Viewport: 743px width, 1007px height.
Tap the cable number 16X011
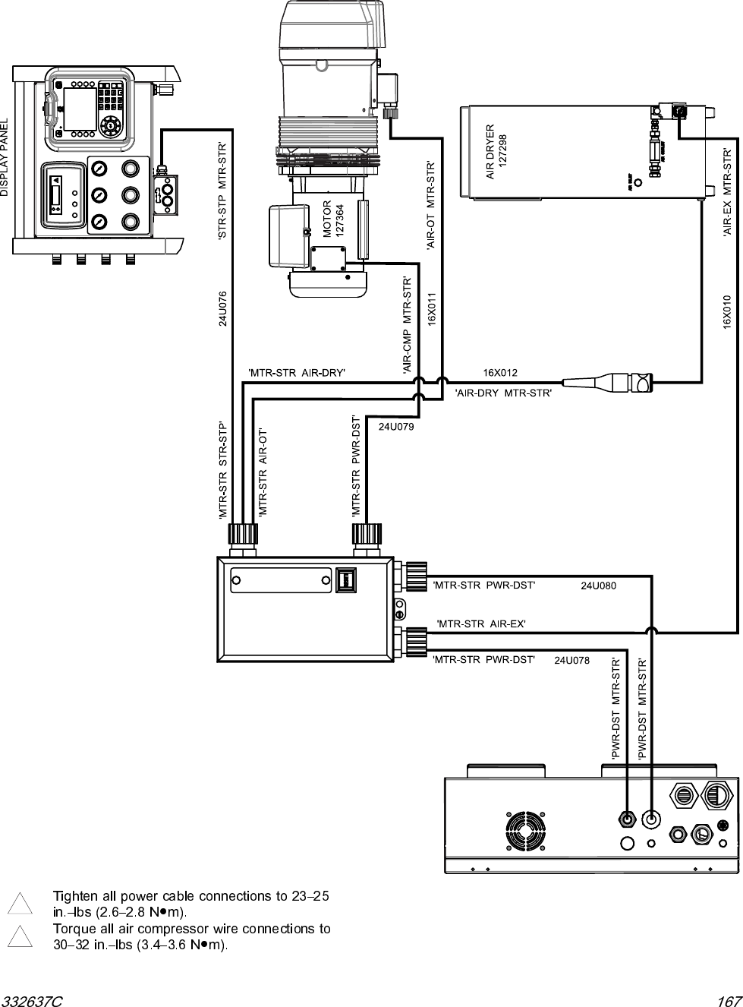point(431,308)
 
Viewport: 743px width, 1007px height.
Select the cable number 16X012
point(500,372)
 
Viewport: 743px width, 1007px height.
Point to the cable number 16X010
point(726,312)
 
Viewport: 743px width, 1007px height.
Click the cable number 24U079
point(396,427)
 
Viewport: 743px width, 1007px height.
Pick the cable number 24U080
point(599,586)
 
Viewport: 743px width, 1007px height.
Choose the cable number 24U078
point(572,661)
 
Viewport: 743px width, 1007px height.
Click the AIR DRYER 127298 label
point(496,152)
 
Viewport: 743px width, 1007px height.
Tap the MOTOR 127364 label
point(334,219)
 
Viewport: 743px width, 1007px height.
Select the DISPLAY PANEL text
point(5,158)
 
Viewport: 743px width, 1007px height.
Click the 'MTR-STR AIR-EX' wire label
point(481,623)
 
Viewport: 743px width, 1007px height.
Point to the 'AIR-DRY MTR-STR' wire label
point(502,393)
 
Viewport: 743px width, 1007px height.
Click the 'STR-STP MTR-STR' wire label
point(222,191)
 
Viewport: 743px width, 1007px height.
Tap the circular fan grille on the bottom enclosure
point(525,830)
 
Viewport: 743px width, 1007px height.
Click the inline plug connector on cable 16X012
point(607,380)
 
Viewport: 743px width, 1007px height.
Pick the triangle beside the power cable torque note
point(20,904)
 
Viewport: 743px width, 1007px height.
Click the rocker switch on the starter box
point(345,580)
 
